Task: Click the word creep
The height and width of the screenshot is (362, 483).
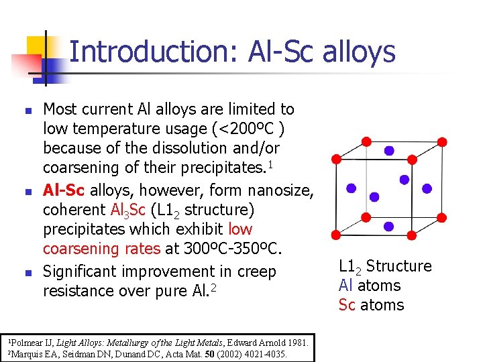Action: (256, 271)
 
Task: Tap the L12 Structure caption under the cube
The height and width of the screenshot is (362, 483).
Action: (385, 266)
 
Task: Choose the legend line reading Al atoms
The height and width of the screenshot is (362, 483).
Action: (370, 286)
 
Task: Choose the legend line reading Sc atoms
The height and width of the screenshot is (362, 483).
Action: (371, 305)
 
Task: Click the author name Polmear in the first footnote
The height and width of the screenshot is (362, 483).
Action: (22, 343)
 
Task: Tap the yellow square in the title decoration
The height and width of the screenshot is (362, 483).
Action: (36, 46)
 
